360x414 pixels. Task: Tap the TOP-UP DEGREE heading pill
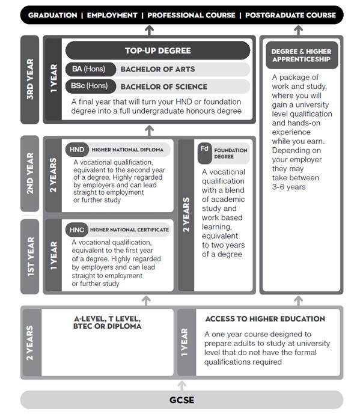pos(157,50)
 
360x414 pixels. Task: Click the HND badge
pos(77,150)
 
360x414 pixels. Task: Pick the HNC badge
pos(77,230)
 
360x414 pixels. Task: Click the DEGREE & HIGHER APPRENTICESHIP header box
pos(301,56)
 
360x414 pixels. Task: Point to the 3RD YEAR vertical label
pos(29,79)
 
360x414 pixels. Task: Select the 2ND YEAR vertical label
pos(29,174)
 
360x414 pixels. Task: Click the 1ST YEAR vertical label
pos(29,256)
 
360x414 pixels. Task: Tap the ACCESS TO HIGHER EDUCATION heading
pos(264,319)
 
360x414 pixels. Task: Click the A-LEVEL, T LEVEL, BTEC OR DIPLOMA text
pos(108,323)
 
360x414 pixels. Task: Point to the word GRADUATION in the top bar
pos(53,15)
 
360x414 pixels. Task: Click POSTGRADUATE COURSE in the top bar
pos(290,15)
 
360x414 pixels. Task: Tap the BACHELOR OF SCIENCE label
pos(163,87)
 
